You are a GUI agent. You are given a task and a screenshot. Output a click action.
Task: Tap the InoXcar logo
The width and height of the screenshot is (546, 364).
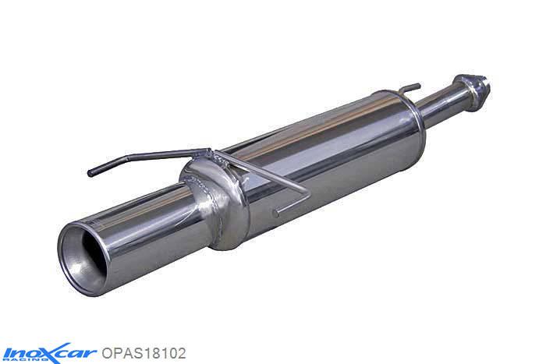pos(48,352)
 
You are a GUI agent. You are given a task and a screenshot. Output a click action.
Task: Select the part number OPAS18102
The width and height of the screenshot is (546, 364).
pos(144,352)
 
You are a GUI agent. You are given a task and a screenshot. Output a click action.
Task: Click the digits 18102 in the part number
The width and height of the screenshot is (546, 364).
pos(161,352)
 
